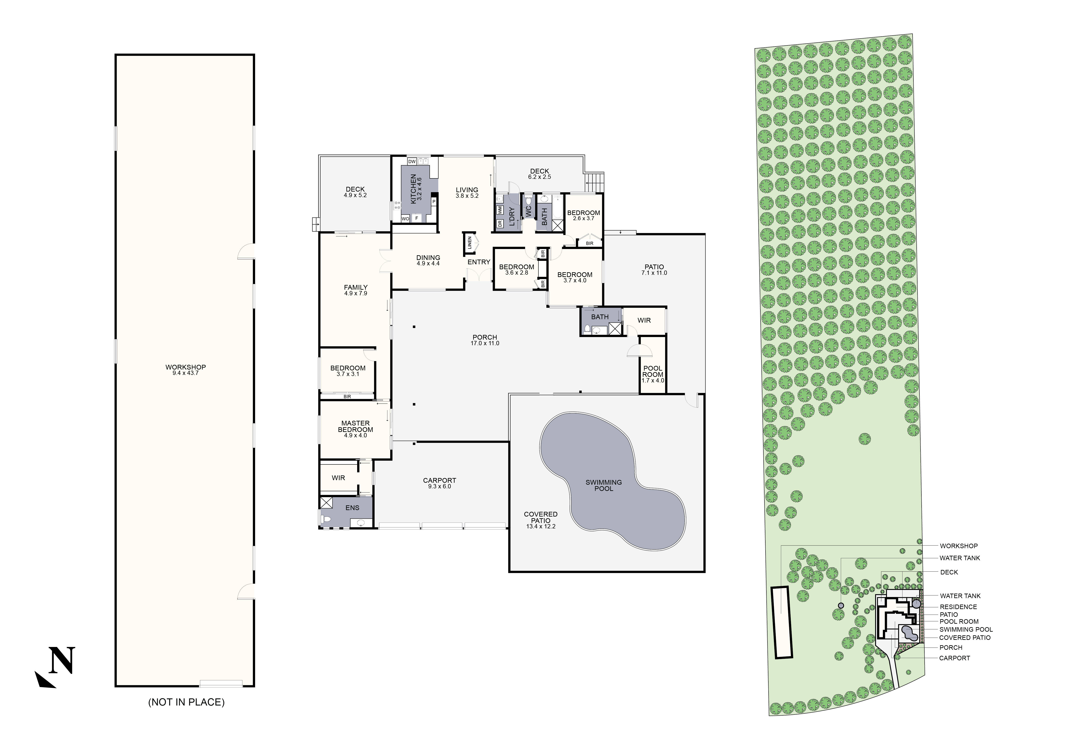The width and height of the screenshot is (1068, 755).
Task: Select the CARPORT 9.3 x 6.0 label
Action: click(440, 483)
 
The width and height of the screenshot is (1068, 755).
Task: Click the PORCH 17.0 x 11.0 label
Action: click(485, 340)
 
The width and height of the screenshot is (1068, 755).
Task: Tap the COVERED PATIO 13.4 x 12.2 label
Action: click(541, 520)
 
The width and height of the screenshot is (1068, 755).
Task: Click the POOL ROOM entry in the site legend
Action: click(959, 622)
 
